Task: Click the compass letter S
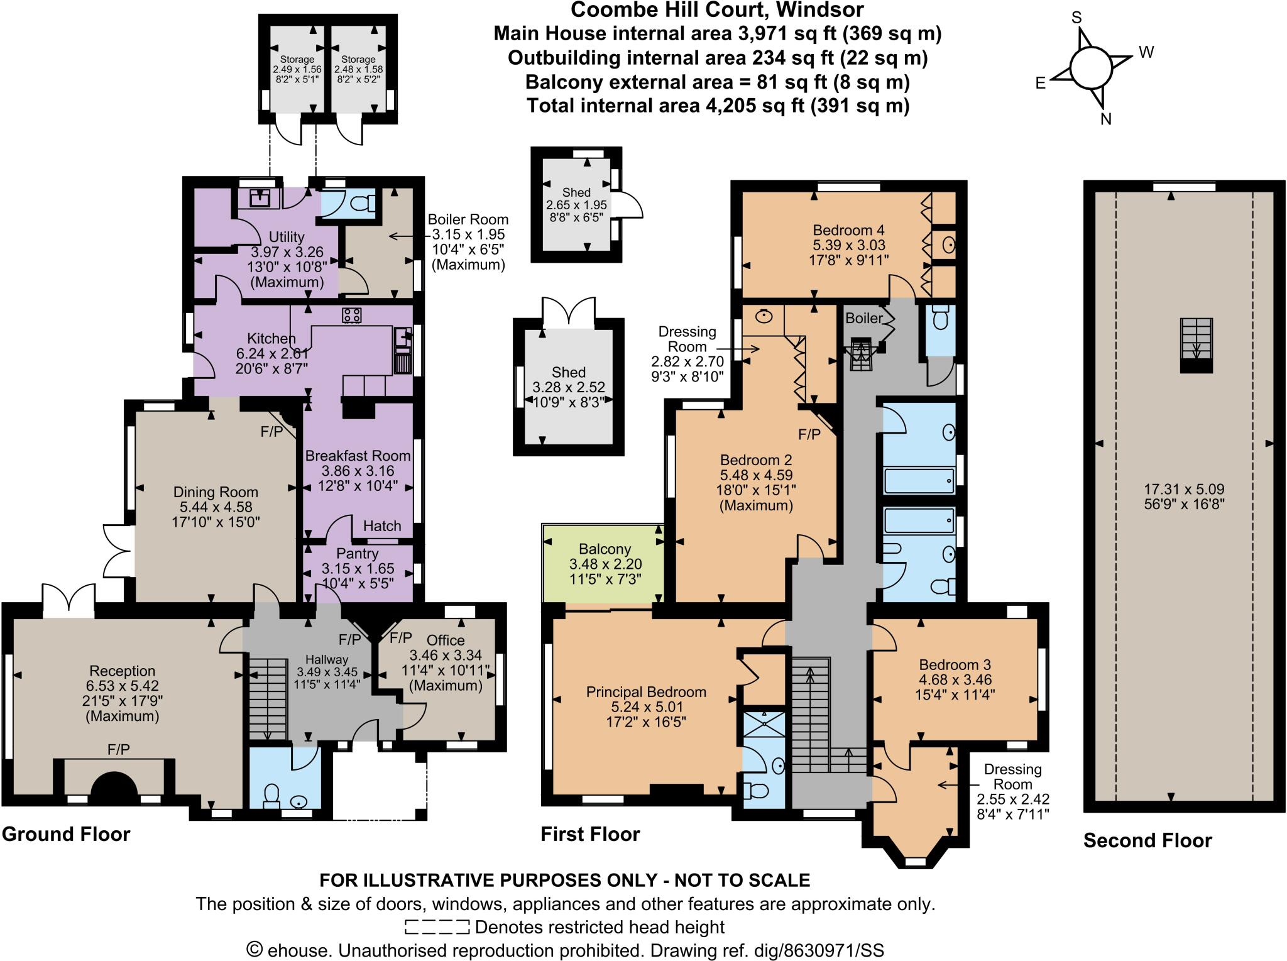[1076, 18]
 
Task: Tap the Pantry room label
[357, 554]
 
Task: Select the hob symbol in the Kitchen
[351, 316]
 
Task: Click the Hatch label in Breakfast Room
[382, 526]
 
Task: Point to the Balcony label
[605, 549]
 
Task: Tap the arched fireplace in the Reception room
[114, 785]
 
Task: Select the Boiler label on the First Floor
[864, 318]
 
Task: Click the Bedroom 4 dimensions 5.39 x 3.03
[850, 245]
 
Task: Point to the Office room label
[446, 640]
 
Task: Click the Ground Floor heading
[66, 834]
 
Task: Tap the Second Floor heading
[1147, 840]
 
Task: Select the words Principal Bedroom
[646, 692]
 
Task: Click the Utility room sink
[259, 198]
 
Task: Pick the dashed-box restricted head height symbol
[437, 927]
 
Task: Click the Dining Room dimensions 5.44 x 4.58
[216, 507]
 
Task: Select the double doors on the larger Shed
[569, 312]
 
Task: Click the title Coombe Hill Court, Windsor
[716, 10]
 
